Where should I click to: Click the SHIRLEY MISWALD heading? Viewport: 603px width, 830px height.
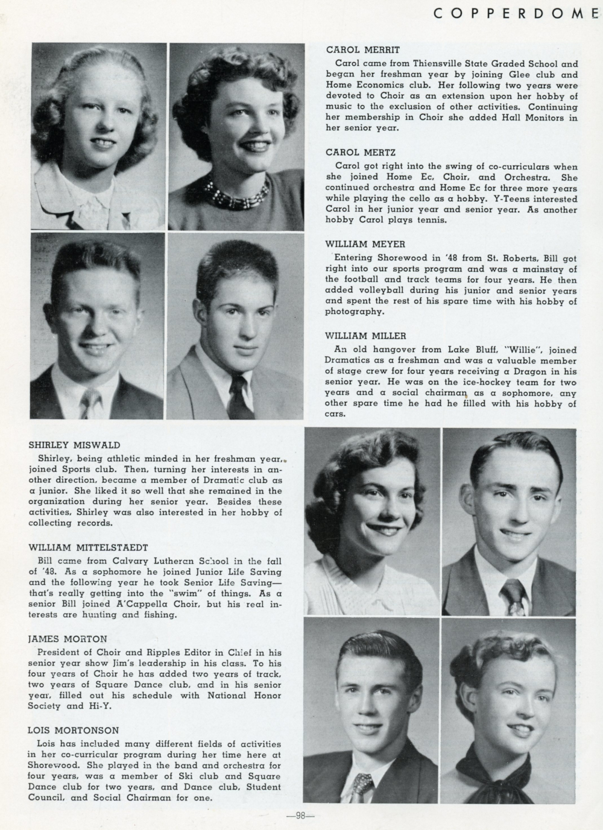[74, 445]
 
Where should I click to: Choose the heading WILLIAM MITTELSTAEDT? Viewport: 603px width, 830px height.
[87, 548]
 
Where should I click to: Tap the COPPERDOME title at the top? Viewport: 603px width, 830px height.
[517, 13]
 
